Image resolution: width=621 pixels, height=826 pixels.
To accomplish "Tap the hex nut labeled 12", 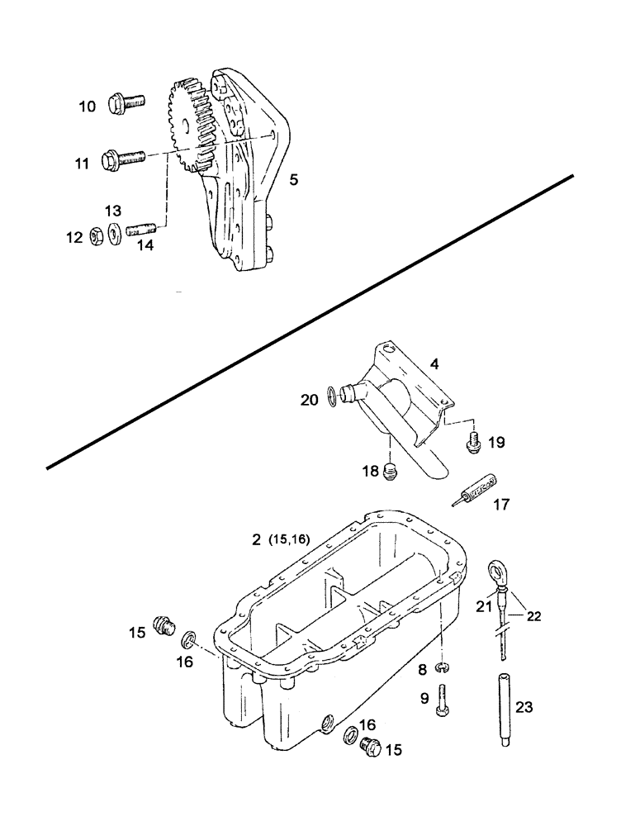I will pyautogui.click(x=96, y=236).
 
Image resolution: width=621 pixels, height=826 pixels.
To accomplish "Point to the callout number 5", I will pyautogui.click(x=293, y=178).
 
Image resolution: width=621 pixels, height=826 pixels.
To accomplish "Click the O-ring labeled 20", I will pyautogui.click(x=330, y=397).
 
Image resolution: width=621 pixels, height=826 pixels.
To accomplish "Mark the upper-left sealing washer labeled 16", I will pyautogui.click(x=189, y=638).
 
